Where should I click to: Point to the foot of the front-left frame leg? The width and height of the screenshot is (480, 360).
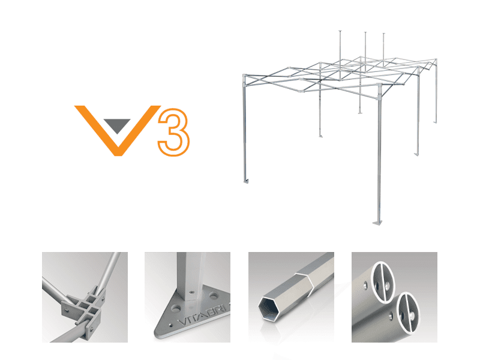[246, 181]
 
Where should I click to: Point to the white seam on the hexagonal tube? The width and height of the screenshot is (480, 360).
[307, 279]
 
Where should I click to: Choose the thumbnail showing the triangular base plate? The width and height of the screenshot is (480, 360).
[187, 297]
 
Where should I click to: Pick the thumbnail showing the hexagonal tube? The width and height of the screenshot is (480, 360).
[291, 297]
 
